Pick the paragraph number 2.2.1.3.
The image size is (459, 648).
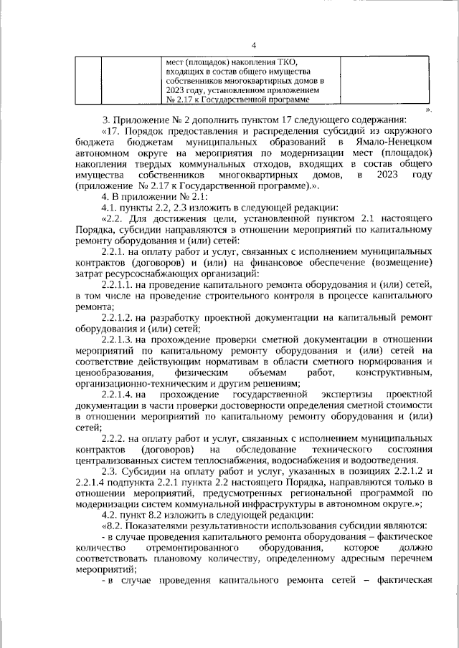(121, 339)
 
